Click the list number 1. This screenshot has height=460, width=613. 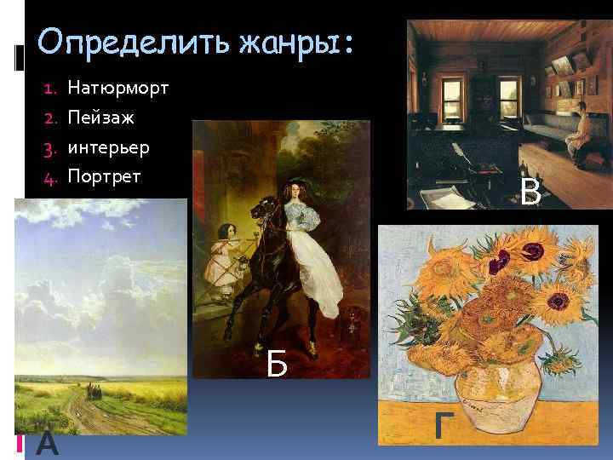coord(49,88)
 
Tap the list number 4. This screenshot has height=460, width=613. coord(49,177)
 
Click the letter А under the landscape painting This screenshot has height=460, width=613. coord(49,442)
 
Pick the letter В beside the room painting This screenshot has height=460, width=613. coord(531,192)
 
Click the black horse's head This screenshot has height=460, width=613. coord(261,210)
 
